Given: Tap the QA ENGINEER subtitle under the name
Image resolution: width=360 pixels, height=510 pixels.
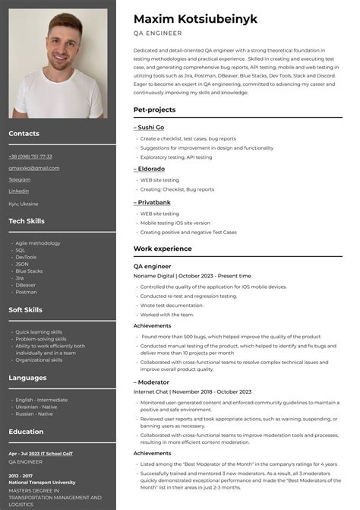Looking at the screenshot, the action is (x=157, y=33).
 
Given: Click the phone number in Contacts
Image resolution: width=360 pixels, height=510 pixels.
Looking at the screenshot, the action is (x=30, y=157).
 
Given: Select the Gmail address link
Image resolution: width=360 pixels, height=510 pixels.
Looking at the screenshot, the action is (x=33, y=168).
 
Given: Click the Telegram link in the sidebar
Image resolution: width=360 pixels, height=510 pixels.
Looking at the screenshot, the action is (x=20, y=179).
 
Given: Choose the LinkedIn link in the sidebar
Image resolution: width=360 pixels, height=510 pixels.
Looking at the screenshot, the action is (x=19, y=191).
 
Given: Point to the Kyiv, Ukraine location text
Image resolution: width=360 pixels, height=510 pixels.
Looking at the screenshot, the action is (x=24, y=204).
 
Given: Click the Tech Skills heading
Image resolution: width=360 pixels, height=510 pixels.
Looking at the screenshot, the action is (x=27, y=220).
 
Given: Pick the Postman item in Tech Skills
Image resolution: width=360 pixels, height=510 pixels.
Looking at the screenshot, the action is (x=26, y=292).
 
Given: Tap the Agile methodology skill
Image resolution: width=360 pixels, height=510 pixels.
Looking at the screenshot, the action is (x=38, y=243).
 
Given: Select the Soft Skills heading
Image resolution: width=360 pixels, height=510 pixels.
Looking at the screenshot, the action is (x=27, y=309).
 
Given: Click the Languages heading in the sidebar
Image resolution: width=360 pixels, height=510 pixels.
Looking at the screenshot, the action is (x=27, y=377).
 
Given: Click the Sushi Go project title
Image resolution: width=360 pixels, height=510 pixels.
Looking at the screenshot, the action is (x=150, y=128).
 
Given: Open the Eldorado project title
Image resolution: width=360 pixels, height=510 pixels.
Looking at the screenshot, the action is (x=150, y=169).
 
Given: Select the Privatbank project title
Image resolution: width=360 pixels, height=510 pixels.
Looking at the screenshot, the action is (x=153, y=203).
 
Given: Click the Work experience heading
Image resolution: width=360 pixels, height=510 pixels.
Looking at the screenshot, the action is (x=163, y=249).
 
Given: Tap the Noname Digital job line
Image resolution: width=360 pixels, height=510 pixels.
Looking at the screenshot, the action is (x=192, y=276).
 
